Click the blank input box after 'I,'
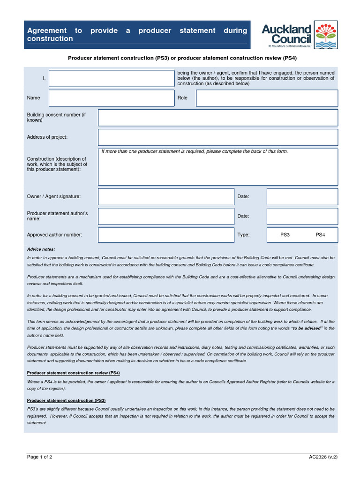pyautogui.click(x=112, y=79)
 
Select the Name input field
pyautogui.click(x=112, y=98)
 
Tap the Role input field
pyautogui.click(x=267, y=98)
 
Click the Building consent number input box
pyautogui.click(x=217, y=118)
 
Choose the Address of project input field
pyautogui.click(x=217, y=137)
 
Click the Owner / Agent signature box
pyautogui.click(x=166, y=197)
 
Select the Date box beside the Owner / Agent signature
pyautogui.click(x=302, y=197)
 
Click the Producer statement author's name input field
pyautogui.click(x=166, y=216)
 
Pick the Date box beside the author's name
pyautogui.click(x=302, y=216)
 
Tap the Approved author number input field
pyautogui.click(x=166, y=235)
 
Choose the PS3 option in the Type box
pyautogui.click(x=285, y=235)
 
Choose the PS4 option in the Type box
pyautogui.click(x=320, y=235)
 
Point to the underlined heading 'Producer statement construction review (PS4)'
pyautogui.click(x=74, y=373)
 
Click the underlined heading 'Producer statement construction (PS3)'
pyautogui.click(x=66, y=401)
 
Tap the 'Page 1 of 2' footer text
pyautogui.click(x=40, y=457)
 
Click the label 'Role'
pyautogui.click(x=182, y=98)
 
